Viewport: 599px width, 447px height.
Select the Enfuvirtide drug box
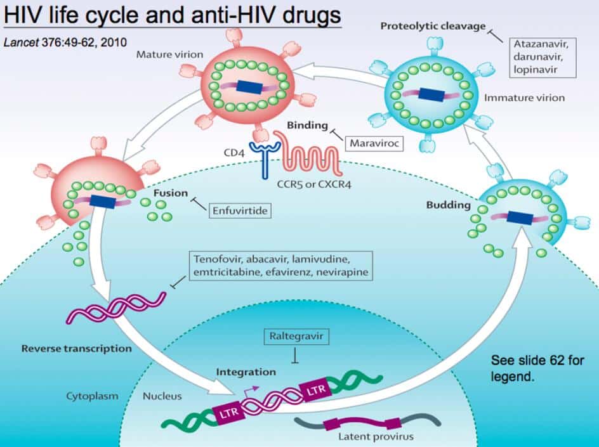(x=239, y=209)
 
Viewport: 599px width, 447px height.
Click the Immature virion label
(x=523, y=98)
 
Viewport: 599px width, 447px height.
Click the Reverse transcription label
(x=76, y=348)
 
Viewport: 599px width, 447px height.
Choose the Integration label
(x=246, y=372)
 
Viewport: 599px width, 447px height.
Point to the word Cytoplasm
(x=93, y=396)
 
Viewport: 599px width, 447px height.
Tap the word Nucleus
(x=162, y=396)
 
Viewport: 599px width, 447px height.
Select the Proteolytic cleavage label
(x=433, y=26)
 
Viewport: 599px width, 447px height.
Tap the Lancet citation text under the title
(x=65, y=42)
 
